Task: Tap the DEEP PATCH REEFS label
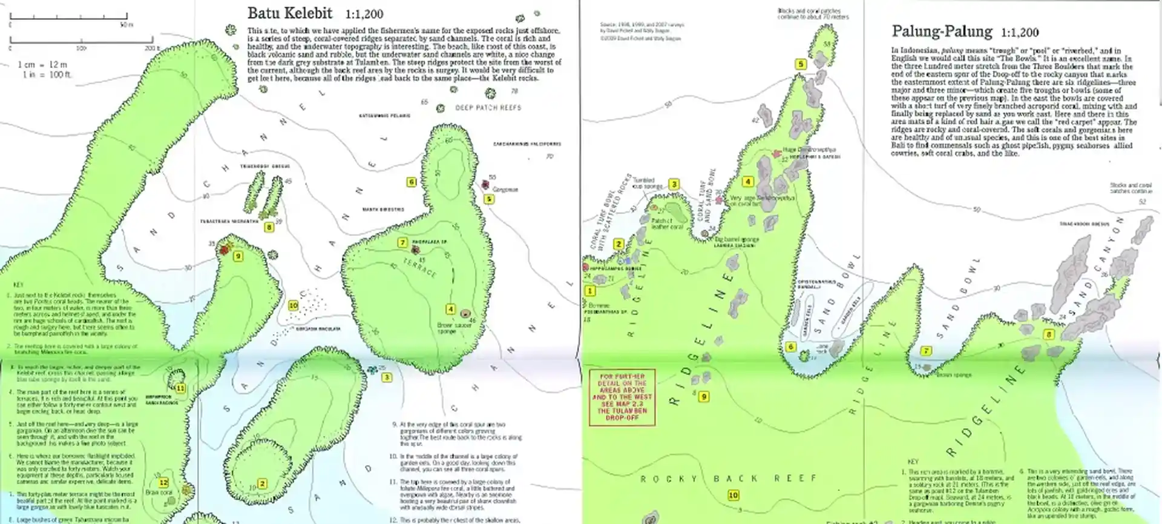[488, 108]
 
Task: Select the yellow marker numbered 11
[180, 388]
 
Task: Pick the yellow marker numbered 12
[163, 483]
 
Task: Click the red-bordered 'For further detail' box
[622, 397]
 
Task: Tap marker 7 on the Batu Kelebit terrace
[402, 242]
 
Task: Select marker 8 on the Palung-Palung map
[1049, 334]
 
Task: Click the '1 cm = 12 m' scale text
[42, 64]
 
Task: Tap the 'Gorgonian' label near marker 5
[505, 190]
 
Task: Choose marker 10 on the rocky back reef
[733, 495]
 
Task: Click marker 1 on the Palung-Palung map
[590, 291]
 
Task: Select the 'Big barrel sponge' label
[736, 239]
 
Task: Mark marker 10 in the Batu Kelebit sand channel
[293, 306]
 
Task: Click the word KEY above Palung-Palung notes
[913, 462]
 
